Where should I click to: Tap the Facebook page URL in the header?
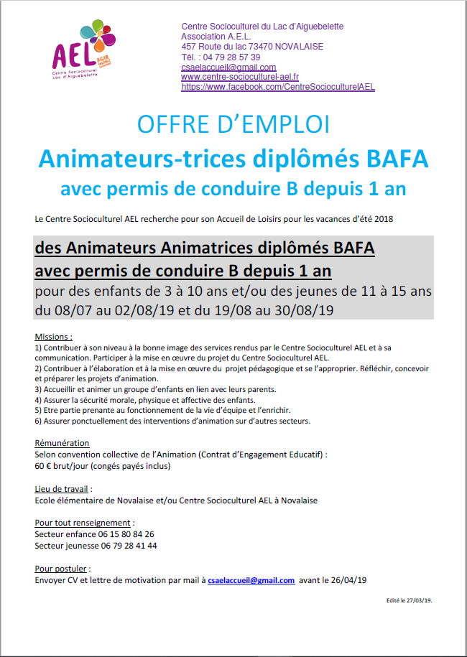point(278,87)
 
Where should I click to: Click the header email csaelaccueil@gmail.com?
point(228,67)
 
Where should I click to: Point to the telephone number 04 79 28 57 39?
point(231,57)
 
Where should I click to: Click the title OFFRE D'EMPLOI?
point(233,124)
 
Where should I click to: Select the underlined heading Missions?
point(53,336)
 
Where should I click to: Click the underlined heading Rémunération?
point(62,443)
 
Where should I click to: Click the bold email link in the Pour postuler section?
point(251,580)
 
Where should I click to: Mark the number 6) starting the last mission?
point(39,421)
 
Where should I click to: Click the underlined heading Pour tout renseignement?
point(83,523)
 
